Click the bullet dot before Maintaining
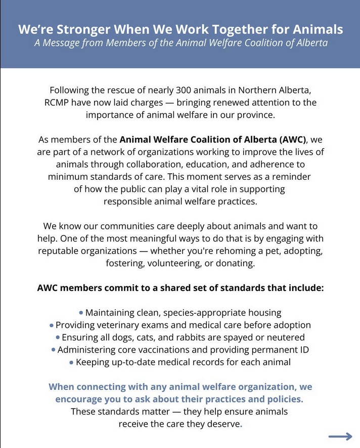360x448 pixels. click(81, 313)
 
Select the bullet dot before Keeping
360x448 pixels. click(71, 362)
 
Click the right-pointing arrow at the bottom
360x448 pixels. click(340, 436)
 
